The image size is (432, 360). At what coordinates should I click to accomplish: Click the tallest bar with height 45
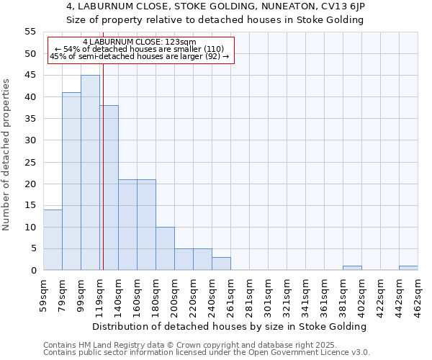click(x=90, y=173)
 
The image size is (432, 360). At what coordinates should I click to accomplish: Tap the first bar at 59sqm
click(x=53, y=240)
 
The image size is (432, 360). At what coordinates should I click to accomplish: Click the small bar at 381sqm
click(x=352, y=268)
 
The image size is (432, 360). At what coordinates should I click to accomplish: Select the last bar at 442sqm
click(x=408, y=268)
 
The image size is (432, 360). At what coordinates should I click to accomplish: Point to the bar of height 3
click(x=221, y=264)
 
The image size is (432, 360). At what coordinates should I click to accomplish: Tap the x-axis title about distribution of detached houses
click(x=230, y=326)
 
